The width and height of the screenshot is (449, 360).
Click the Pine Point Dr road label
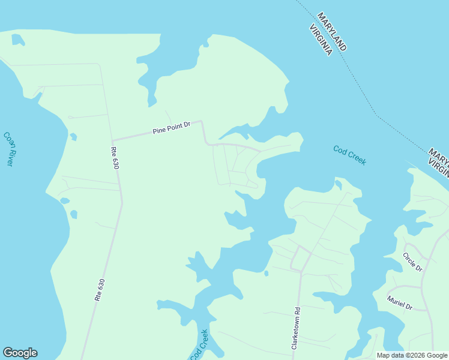171,127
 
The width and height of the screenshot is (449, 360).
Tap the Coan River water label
8,149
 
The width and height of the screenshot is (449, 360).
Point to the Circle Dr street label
413,262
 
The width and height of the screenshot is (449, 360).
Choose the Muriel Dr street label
400,303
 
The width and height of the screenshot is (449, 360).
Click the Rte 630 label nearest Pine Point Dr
115,158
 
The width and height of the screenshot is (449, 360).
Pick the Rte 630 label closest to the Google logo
100,289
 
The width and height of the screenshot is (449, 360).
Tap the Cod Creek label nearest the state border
349,155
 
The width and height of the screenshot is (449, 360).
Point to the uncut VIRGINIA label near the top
321,40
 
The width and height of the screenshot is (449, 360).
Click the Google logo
20,353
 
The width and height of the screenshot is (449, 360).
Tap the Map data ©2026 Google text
412,355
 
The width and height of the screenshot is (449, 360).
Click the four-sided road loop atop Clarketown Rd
301,259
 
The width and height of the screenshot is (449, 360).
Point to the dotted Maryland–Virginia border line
366,96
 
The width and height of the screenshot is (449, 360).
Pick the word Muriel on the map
396,301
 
